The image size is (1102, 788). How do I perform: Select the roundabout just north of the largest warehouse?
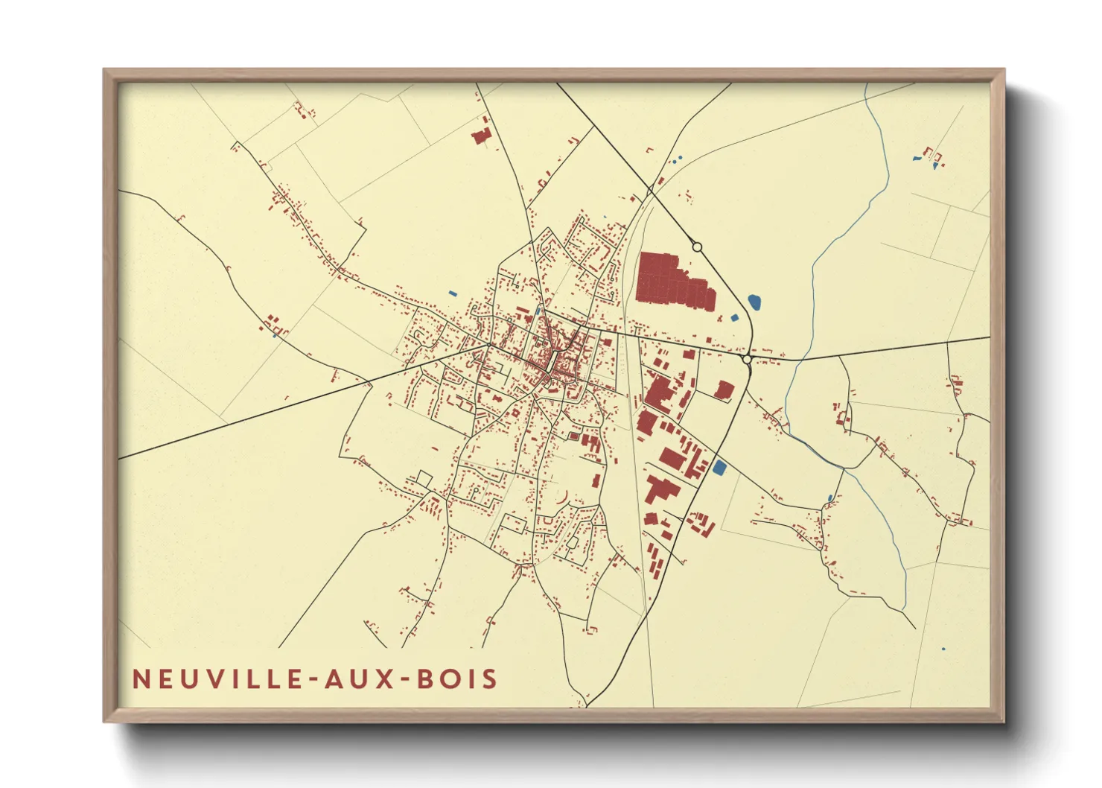697,247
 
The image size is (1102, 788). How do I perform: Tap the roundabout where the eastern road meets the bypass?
747,359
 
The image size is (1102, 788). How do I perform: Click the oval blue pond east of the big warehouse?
754,302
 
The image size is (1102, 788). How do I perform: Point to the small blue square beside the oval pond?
735,318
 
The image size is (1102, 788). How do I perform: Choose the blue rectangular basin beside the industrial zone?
719,468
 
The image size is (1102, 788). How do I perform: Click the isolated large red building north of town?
481,136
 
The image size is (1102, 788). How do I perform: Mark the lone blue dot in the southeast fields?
943,649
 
